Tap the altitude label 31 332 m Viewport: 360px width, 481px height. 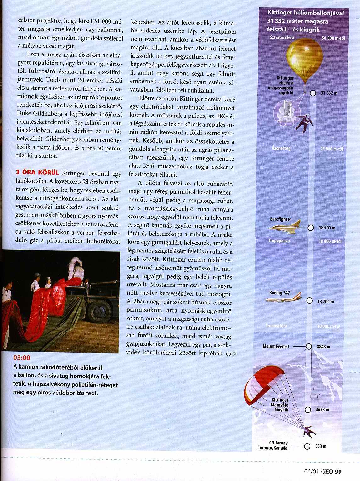tap(329, 93)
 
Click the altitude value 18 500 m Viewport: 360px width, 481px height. tap(327, 228)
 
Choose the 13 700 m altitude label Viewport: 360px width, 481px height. tap(326, 301)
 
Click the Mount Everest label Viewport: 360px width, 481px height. tap(276, 346)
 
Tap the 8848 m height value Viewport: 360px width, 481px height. tap(323, 347)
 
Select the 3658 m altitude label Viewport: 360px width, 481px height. tap(323, 410)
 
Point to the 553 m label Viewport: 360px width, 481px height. tap(321, 446)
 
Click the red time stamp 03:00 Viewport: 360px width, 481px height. tap(22, 358)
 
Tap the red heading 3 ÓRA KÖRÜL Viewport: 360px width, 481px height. tap(37, 173)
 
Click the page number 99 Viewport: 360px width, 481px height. tap(338, 471)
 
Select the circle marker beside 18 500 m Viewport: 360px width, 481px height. tap(311, 228)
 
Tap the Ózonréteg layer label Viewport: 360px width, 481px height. tap(281, 148)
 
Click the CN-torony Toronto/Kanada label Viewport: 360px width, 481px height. tap(273, 445)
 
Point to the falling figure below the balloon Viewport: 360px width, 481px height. tap(305, 122)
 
